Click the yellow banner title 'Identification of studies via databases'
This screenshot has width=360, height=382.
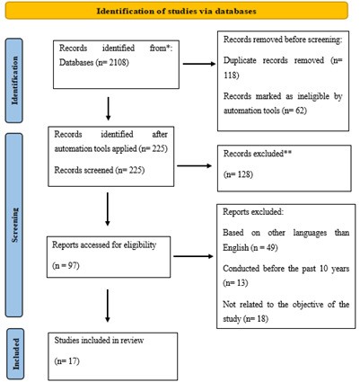point(176,11)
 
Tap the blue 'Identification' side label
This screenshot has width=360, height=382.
point(14,80)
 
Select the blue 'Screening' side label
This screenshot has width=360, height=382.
point(14,225)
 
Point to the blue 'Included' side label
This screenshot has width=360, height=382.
point(15,354)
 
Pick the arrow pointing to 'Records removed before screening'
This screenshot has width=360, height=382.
point(199,64)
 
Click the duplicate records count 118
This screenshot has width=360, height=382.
point(230,75)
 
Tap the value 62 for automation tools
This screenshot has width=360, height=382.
point(300,111)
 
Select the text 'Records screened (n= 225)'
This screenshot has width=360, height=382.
point(100,170)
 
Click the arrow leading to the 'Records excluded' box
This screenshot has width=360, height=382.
point(195,165)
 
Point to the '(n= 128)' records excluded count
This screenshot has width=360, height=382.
point(238,174)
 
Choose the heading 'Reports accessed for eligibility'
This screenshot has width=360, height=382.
point(104,244)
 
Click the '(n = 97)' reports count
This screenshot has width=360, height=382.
point(66,265)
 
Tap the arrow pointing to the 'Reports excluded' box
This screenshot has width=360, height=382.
point(193,256)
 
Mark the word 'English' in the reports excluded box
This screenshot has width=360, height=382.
point(236,248)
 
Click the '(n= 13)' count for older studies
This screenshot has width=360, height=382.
point(235,283)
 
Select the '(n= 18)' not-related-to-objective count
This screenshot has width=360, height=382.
point(256,319)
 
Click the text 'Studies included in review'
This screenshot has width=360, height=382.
point(99,341)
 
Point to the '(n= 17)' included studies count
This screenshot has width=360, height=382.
point(67,361)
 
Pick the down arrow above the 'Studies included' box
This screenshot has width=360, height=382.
point(108,306)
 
